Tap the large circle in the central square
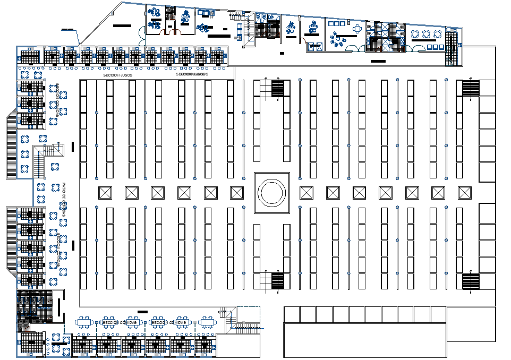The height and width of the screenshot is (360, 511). click(x=271, y=191)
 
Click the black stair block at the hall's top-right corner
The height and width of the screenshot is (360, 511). click(x=471, y=88)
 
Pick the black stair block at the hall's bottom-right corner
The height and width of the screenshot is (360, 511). click(x=471, y=281)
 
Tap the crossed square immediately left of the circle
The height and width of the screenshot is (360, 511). click(x=237, y=192)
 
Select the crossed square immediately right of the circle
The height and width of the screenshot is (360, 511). click(x=306, y=192)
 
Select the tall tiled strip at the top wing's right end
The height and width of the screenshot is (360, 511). click(x=451, y=49)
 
